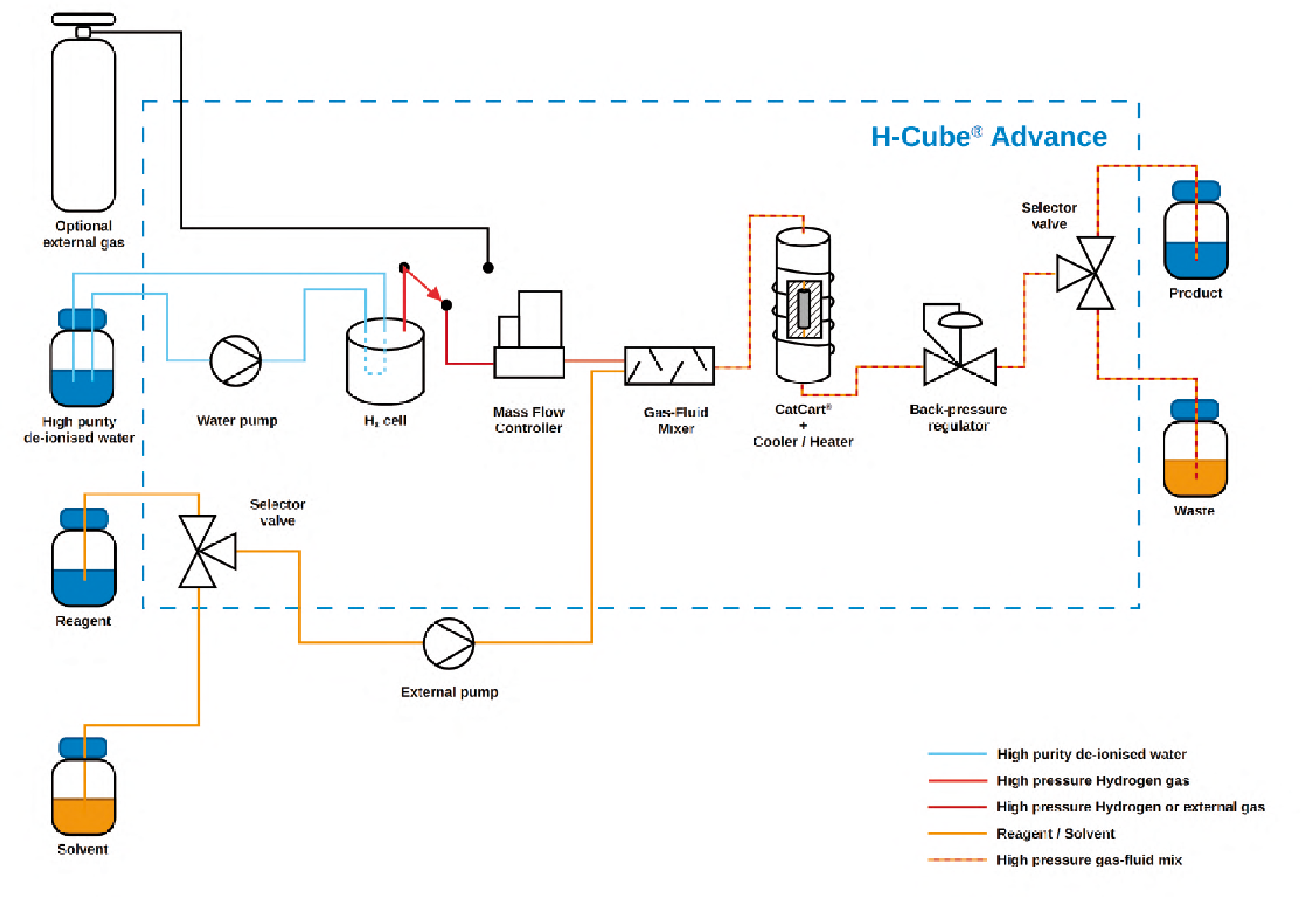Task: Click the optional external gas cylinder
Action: tap(83, 125)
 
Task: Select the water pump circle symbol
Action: tap(235, 361)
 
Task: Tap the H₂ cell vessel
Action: tap(385, 362)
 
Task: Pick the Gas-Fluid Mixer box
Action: tap(669, 366)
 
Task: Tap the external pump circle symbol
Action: tap(448, 643)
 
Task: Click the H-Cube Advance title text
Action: tap(988, 137)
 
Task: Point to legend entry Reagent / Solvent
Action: tap(1055, 834)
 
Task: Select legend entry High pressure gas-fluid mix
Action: tap(1089, 860)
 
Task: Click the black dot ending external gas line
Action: tap(488, 268)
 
